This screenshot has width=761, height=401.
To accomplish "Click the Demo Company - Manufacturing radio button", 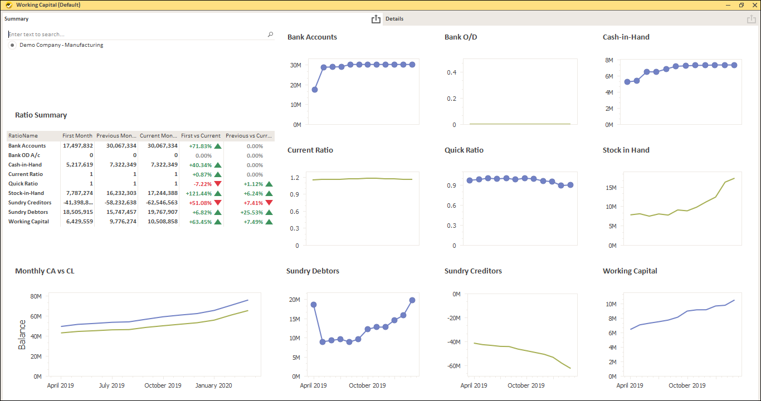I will pos(12,45).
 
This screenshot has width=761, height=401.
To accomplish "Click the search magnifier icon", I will pos(271,35).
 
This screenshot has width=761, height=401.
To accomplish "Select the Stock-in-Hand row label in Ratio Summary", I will pos(26,193).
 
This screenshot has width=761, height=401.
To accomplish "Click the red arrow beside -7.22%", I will pos(218,184).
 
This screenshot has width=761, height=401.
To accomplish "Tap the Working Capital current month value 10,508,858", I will pos(159,222).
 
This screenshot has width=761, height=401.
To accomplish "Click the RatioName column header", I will pos(23,136).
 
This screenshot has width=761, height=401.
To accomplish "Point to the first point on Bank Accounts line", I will pos(315,90).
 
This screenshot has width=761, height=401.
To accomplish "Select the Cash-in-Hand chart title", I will pos(626,37).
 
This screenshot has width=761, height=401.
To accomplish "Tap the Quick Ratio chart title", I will pos(464,150).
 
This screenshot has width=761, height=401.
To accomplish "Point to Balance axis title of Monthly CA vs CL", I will pos(22,335).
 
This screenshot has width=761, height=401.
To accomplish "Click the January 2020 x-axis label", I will pos(214,385).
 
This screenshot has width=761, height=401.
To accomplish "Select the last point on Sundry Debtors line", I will pos(412,300).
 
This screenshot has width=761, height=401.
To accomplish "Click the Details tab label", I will pos(394,19).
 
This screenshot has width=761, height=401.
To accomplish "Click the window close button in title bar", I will pos(753,5).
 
